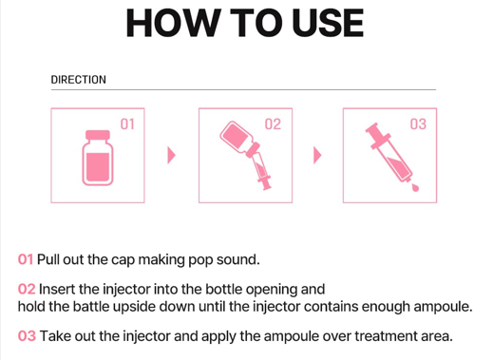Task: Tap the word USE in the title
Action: pos(328,23)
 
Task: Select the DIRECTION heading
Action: pos(79,80)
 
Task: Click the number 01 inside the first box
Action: pos(127,124)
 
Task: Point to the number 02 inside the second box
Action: pos(273,124)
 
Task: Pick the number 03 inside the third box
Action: pos(418,124)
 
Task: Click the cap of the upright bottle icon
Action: pos(98,135)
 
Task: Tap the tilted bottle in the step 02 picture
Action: pos(238,138)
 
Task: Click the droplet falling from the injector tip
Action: pos(415,188)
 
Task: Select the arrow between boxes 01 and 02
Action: pos(171,155)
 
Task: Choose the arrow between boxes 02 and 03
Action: pos(317,155)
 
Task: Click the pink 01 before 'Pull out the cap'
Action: pos(26,259)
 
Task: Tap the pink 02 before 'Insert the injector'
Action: pos(27,289)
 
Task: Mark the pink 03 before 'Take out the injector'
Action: pos(27,336)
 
